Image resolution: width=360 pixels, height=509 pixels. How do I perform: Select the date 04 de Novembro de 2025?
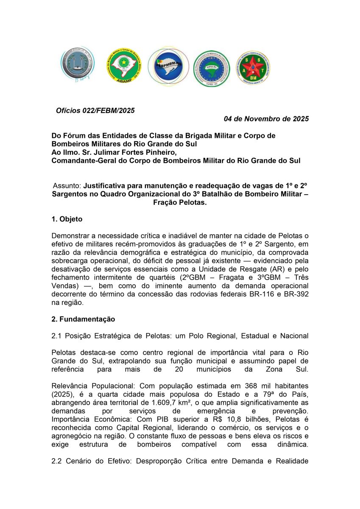pos(266,119)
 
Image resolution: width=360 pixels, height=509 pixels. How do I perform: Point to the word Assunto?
pos(67,185)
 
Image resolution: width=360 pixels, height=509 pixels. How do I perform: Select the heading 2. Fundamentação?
pos(83,319)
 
